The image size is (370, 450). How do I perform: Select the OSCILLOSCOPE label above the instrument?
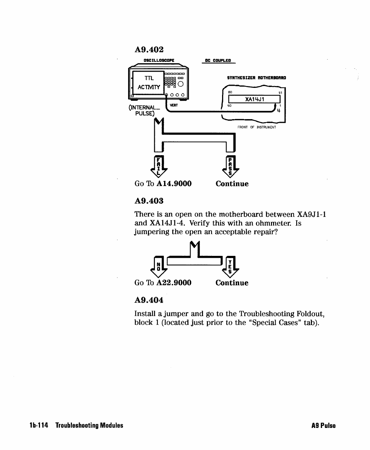[x=159, y=61]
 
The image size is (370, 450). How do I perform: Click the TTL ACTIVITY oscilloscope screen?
[x=148, y=83]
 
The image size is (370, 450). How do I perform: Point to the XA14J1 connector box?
[x=254, y=99]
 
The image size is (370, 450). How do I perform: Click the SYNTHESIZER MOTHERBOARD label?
[x=257, y=78]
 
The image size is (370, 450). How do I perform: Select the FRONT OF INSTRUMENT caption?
[x=257, y=127]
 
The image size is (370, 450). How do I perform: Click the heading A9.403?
[x=149, y=201]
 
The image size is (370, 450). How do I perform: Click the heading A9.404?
[x=149, y=300]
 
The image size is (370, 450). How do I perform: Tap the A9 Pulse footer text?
[x=323, y=426]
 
